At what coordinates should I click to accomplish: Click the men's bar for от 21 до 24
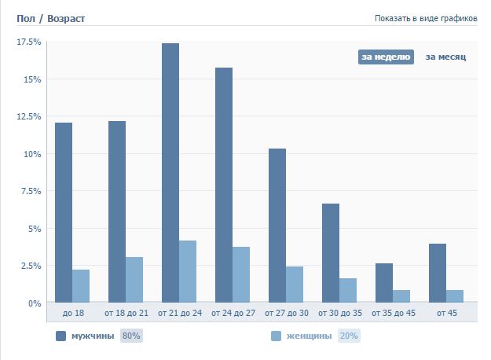click(x=170, y=173)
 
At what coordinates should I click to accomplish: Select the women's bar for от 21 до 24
click(x=188, y=271)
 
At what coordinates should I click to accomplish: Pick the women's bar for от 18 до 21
click(x=134, y=280)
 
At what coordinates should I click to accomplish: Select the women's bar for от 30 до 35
click(x=348, y=290)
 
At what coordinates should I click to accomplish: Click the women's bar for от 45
click(x=455, y=296)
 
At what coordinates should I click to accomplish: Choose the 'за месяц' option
click(x=445, y=57)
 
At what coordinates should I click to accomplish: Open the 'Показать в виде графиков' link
click(x=426, y=18)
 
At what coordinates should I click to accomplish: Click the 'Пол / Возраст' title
click(x=50, y=17)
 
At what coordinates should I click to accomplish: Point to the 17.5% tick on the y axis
click(x=28, y=42)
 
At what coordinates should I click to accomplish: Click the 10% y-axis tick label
click(x=32, y=154)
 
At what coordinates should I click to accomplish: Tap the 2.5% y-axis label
click(x=30, y=266)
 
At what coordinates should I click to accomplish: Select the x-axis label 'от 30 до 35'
click(x=339, y=313)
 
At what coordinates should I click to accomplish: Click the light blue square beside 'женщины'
click(x=276, y=336)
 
